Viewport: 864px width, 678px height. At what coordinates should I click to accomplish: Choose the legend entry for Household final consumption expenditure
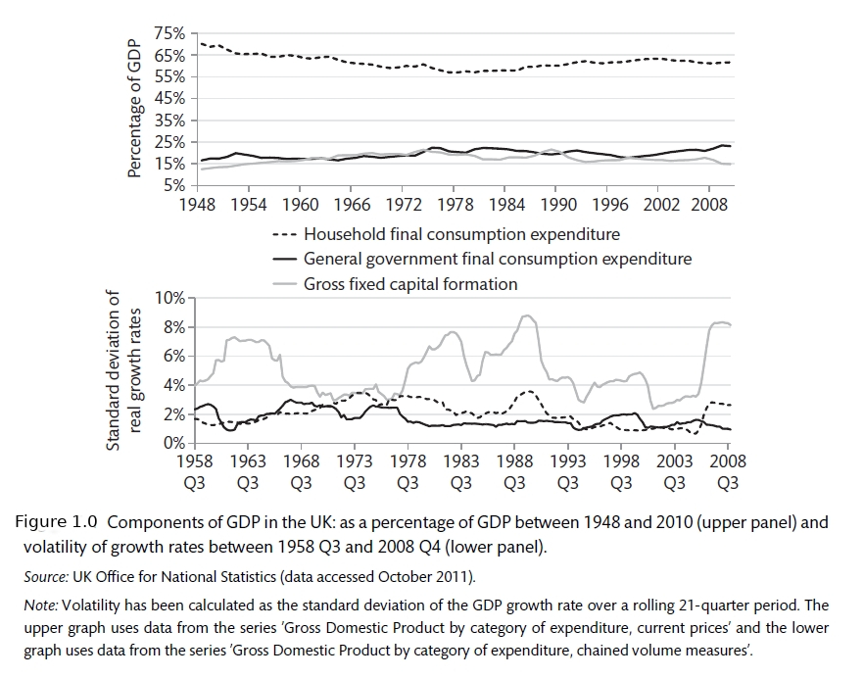click(x=461, y=234)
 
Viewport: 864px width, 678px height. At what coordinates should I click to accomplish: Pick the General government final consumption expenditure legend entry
click(x=498, y=260)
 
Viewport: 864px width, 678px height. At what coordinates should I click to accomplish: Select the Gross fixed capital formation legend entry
click(x=410, y=284)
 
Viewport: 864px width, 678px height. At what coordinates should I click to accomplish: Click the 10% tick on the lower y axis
click(x=170, y=298)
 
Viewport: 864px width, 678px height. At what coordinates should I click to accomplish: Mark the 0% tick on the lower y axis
click(x=174, y=444)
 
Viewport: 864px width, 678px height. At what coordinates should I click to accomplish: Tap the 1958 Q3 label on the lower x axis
click(x=194, y=471)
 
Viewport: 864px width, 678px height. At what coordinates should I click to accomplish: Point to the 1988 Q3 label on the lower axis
click(x=514, y=471)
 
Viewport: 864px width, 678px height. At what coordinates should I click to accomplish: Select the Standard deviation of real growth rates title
click(x=124, y=370)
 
